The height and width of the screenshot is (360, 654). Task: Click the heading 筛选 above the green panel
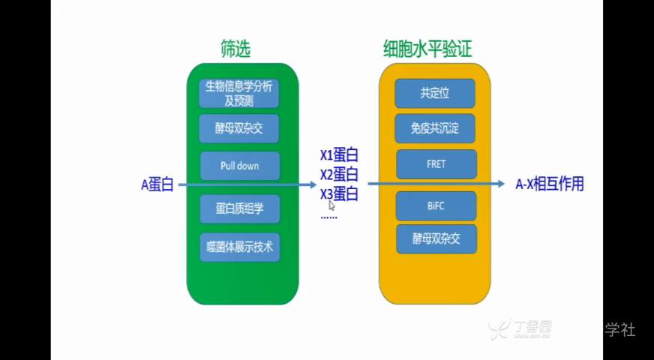235,50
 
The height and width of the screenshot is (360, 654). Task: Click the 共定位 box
436,93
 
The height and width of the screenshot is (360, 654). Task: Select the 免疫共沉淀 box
436,128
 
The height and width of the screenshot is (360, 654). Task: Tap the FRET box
436,163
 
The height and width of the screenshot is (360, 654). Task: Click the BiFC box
436,205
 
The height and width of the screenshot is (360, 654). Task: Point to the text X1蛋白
339,155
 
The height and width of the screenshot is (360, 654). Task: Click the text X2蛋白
339,175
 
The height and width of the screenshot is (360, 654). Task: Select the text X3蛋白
339,194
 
